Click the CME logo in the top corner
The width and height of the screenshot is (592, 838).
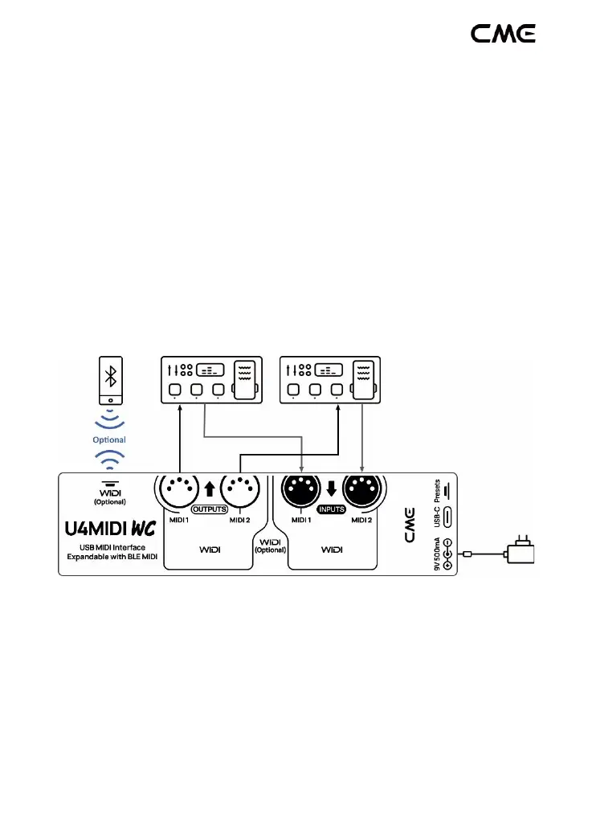pyautogui.click(x=503, y=33)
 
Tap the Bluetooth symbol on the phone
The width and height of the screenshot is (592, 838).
pyautogui.click(x=110, y=378)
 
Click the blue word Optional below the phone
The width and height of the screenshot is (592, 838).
pyautogui.click(x=109, y=439)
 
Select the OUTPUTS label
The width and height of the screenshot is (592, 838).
pyautogui.click(x=210, y=509)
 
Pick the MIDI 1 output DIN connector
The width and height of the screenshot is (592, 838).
pyautogui.click(x=178, y=489)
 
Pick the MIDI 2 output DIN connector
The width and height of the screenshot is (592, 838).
pyautogui.click(x=239, y=489)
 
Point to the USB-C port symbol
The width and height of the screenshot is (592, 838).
pyautogui.click(x=447, y=517)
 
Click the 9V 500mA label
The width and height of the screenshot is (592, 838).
pyautogui.click(x=437, y=554)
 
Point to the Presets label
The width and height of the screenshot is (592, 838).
pyautogui.click(x=437, y=488)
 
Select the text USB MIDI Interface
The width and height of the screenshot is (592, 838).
pyautogui.click(x=109, y=548)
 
